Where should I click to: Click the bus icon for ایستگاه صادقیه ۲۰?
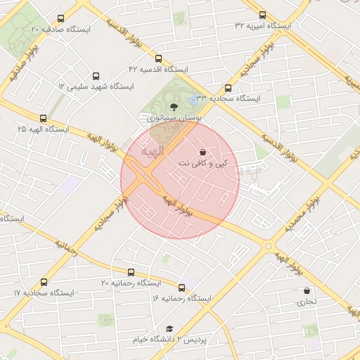pyautogui.click(x=60, y=19)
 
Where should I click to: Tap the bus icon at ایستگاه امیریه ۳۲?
pyautogui.click(x=263, y=15)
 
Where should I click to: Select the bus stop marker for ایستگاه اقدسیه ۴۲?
pyautogui.click(x=158, y=59)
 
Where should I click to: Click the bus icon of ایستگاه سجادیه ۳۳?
pyautogui.click(x=229, y=88)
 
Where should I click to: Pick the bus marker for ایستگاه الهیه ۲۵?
pyautogui.click(x=44, y=119)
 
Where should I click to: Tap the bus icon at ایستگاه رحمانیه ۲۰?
pyautogui.click(x=131, y=272)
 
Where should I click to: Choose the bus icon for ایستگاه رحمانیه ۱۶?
pyautogui.click(x=182, y=288)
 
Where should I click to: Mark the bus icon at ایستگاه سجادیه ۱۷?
pyautogui.click(x=45, y=282)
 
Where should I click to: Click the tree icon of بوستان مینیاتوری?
pyautogui.click(x=174, y=107)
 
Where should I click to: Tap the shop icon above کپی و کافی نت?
pyautogui.click(x=202, y=152)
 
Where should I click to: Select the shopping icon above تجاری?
pyautogui.click(x=306, y=290)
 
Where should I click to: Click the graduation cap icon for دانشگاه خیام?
pyautogui.click(x=169, y=328)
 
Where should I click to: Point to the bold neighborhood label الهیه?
pyautogui.click(x=151, y=150)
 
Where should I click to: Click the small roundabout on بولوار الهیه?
pyautogui.click(x=268, y=246)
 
